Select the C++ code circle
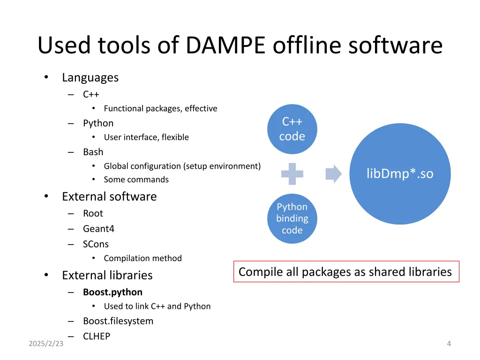[x=292, y=129]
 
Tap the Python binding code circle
[x=292, y=218]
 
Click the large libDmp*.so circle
[x=400, y=174]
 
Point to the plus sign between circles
[x=292, y=174]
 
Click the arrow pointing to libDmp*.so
[x=333, y=174]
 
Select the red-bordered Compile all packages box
[x=346, y=272]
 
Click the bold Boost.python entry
[x=112, y=292]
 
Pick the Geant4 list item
[x=98, y=229]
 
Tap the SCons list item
[x=96, y=244]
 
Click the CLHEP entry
[x=97, y=336]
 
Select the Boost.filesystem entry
[x=118, y=321]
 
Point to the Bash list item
[x=93, y=152]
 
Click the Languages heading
[x=90, y=77]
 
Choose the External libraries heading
[x=107, y=275]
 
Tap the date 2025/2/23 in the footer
[x=46, y=344]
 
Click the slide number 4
[x=449, y=344]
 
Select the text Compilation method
[x=142, y=258]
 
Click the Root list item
[x=93, y=213]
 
